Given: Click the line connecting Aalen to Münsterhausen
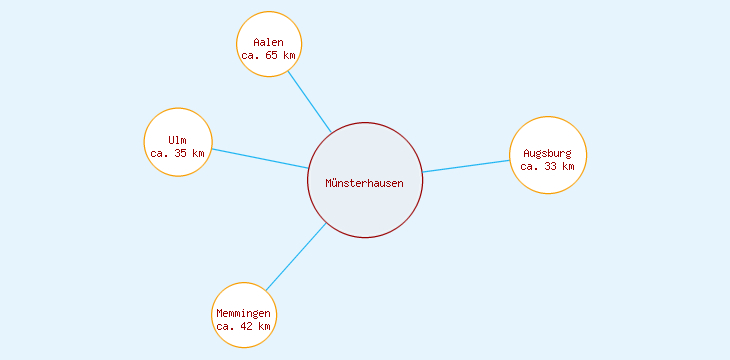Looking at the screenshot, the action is [x=309, y=102].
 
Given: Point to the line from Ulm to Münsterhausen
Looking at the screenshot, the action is [x=260, y=159].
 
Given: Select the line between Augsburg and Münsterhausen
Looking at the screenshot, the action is [x=466, y=166].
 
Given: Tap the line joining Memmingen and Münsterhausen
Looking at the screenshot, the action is [x=296, y=257].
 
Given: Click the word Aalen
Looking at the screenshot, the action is [x=269, y=42].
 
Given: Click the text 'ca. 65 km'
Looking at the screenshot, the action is [x=269, y=55].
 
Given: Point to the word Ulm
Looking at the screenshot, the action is [x=178, y=140].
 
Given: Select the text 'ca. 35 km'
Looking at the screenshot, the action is [x=178, y=153].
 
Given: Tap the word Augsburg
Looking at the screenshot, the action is [x=548, y=153].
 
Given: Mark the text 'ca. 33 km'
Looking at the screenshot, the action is [x=548, y=166].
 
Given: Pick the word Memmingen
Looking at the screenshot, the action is [x=244, y=313].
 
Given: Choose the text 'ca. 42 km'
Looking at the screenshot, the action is [x=244, y=326].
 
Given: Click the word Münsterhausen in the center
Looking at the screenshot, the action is [x=365, y=182].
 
